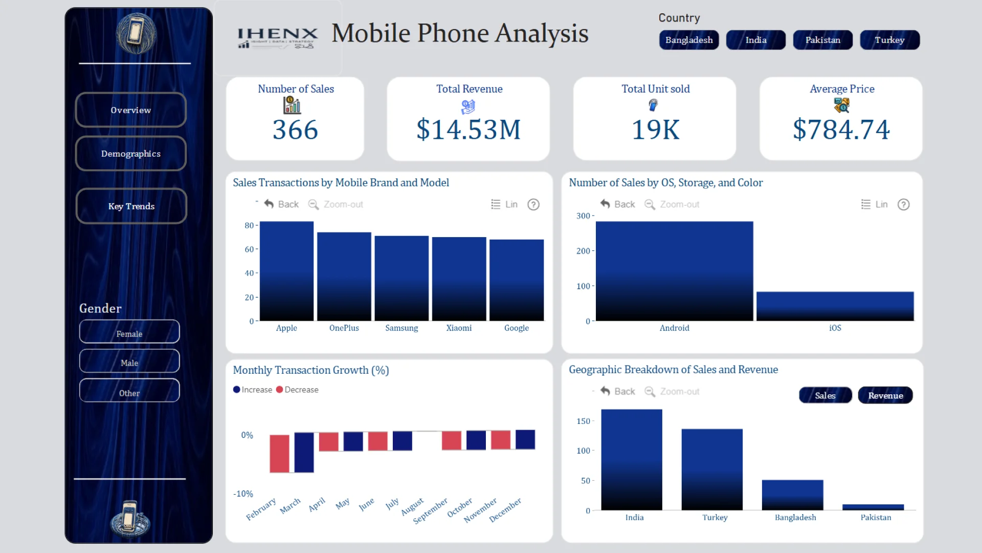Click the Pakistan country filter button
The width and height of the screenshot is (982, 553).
coord(822,40)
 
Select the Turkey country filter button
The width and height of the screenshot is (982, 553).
coord(889,40)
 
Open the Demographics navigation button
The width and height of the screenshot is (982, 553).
coord(130,154)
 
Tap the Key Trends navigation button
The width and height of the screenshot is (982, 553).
coord(131,206)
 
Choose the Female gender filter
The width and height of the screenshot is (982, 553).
coord(129,334)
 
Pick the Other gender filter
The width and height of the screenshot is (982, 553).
coord(129,393)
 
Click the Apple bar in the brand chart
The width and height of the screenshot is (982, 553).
coord(286,271)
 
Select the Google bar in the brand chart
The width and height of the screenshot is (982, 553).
coord(517,280)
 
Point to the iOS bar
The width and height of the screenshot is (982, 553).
coord(835,306)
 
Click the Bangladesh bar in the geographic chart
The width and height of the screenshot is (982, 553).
coord(792,495)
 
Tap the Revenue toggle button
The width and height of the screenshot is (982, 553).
coord(885,395)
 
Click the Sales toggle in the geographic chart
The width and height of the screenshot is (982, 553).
coord(825,395)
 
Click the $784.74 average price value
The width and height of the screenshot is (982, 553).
coord(841,129)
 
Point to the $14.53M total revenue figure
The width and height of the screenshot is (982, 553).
coord(468,129)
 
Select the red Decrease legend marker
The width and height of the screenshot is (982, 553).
coord(279,390)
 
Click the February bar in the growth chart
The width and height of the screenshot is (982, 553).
coord(279,454)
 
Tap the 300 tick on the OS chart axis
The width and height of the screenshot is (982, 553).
coord(583,216)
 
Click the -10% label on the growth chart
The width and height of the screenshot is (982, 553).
coord(243,494)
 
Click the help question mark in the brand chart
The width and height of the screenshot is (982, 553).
coord(533,205)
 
